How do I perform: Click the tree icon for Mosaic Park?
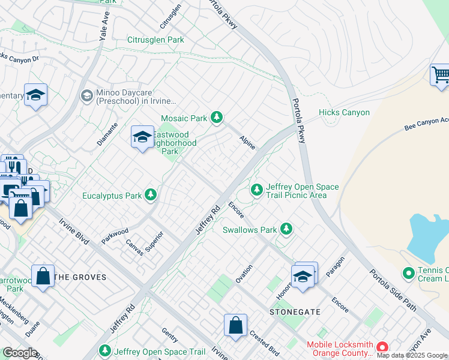pyautogui.click(x=217, y=118)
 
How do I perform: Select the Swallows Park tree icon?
pyautogui.click(x=287, y=229)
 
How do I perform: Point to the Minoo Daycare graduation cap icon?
pyautogui.click(x=86, y=95)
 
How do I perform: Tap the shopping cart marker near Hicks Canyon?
pyautogui.click(x=441, y=76)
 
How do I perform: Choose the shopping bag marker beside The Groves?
pyautogui.click(x=43, y=277)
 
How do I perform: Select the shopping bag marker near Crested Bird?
pyautogui.click(x=236, y=326)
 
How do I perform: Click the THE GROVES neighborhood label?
pyautogui.click(x=80, y=277)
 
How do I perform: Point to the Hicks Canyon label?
pyautogui.click(x=344, y=112)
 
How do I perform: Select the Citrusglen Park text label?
pyautogui.click(x=155, y=40)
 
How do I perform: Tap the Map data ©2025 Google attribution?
pyautogui.click(x=412, y=355)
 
